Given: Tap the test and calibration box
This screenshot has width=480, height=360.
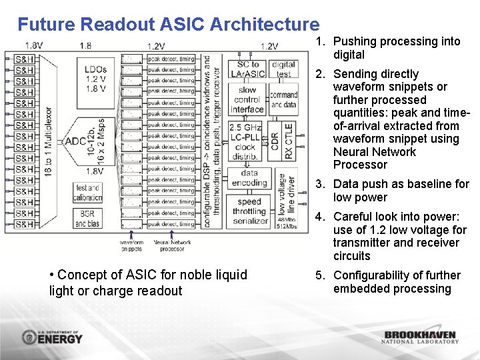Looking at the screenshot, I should (88, 193).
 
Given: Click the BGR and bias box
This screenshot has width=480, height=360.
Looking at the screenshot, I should (88, 219).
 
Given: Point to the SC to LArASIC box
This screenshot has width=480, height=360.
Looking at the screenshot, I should (247, 69).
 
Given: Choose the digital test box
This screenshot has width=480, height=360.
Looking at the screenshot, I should (284, 69).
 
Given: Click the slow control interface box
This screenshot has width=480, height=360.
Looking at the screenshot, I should (247, 99).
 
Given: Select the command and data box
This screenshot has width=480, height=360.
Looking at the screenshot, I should (284, 99).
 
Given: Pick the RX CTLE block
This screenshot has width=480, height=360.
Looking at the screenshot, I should (289, 141).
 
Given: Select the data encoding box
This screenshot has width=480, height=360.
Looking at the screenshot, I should (249, 178).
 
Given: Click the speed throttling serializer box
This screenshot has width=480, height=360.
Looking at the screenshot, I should (250, 211).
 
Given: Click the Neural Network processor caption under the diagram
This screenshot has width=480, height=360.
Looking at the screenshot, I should (172, 245).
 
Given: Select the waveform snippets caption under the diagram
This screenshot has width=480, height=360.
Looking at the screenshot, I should (131, 245).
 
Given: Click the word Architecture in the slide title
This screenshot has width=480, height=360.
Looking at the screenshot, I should (264, 25).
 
